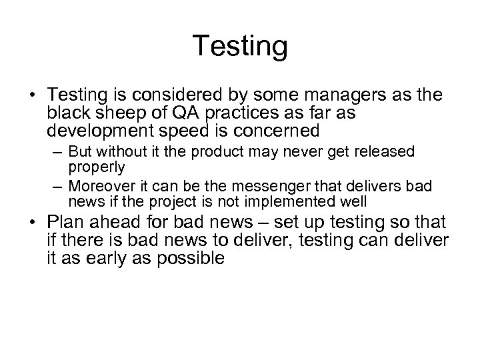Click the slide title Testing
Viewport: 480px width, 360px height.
240,47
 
